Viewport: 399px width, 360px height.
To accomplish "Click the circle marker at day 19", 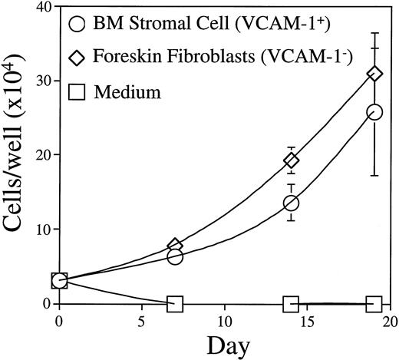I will tap(375, 112).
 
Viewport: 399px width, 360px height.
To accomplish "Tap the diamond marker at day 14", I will tap(292, 160).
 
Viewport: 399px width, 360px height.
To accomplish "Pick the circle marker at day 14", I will tap(292, 203).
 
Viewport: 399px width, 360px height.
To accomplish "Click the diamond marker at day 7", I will tap(175, 246).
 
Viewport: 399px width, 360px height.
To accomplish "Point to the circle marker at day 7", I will tap(175, 256).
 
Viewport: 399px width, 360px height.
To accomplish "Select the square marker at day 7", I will tap(175, 304).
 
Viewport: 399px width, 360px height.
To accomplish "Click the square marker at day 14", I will tap(292, 304).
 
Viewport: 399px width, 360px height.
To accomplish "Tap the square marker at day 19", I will tap(375, 304).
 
